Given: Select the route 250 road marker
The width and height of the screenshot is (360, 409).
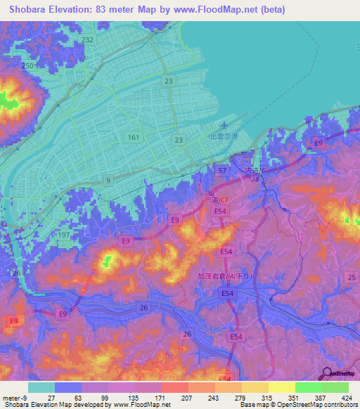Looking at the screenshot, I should click(27, 65).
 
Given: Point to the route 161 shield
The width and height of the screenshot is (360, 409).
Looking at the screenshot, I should click(133, 138).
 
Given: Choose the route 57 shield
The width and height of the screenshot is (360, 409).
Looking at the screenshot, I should click(221, 171).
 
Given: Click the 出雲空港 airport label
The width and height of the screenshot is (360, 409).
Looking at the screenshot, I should click(224, 138).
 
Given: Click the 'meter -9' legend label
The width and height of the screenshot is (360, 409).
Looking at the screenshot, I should click(13, 398).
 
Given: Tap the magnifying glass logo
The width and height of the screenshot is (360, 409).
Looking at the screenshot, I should click(327, 373).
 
